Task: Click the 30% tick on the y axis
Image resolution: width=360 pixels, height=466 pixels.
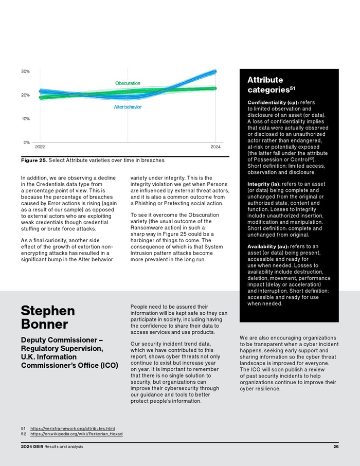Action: coord(25,71)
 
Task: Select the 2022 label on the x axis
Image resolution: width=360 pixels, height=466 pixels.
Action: coord(40,147)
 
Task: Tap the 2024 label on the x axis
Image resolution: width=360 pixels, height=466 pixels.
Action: coord(216,147)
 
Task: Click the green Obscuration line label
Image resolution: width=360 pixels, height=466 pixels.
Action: coord(128,83)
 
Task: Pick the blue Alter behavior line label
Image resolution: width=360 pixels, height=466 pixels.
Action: coord(128,107)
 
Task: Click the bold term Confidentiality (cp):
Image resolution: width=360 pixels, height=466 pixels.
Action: coord(273,102)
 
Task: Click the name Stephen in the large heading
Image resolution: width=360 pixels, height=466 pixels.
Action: coord(48,311)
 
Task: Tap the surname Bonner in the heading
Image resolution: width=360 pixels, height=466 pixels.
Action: coord(44,325)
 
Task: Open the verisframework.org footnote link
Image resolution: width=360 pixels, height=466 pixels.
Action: coord(72,428)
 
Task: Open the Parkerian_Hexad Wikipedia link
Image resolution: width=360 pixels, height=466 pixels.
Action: coord(76,434)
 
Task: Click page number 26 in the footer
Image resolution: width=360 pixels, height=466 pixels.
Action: coord(336,446)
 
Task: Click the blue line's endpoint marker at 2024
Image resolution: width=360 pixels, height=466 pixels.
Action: coord(215,71)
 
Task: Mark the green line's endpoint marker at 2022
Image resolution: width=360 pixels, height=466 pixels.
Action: coord(40,97)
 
